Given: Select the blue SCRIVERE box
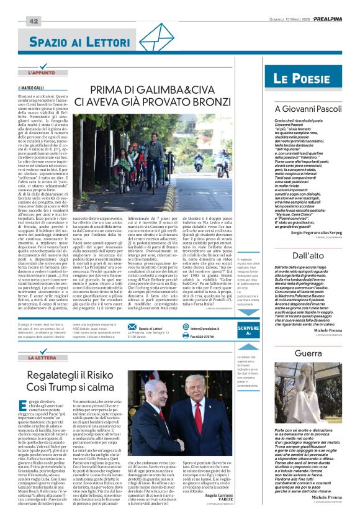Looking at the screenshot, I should tap(249, 331).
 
